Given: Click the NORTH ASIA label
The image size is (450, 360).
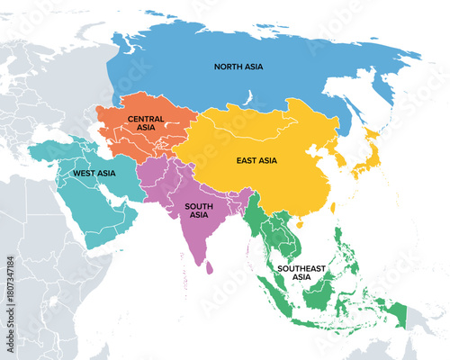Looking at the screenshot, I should [x=238, y=67].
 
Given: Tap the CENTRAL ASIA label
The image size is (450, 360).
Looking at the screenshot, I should [x=145, y=124].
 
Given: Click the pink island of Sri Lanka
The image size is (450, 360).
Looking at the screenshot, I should [x=210, y=266].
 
